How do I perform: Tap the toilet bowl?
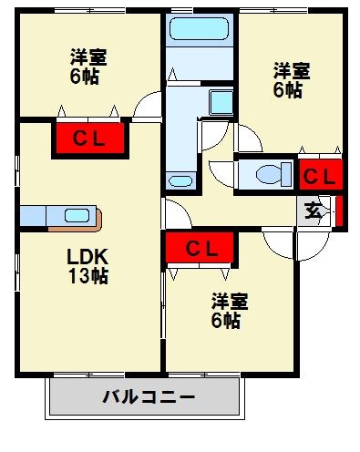point(270,174)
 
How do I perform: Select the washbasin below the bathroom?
point(181,180)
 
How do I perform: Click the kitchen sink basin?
point(75,216)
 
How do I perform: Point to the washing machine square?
point(221,100)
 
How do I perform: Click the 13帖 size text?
point(87,275)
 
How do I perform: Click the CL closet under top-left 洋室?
point(89,139)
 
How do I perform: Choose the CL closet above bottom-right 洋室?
point(201,248)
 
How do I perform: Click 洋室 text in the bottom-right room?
point(230,301)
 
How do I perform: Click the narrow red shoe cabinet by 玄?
point(338,211)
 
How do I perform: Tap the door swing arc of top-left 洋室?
point(145,108)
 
